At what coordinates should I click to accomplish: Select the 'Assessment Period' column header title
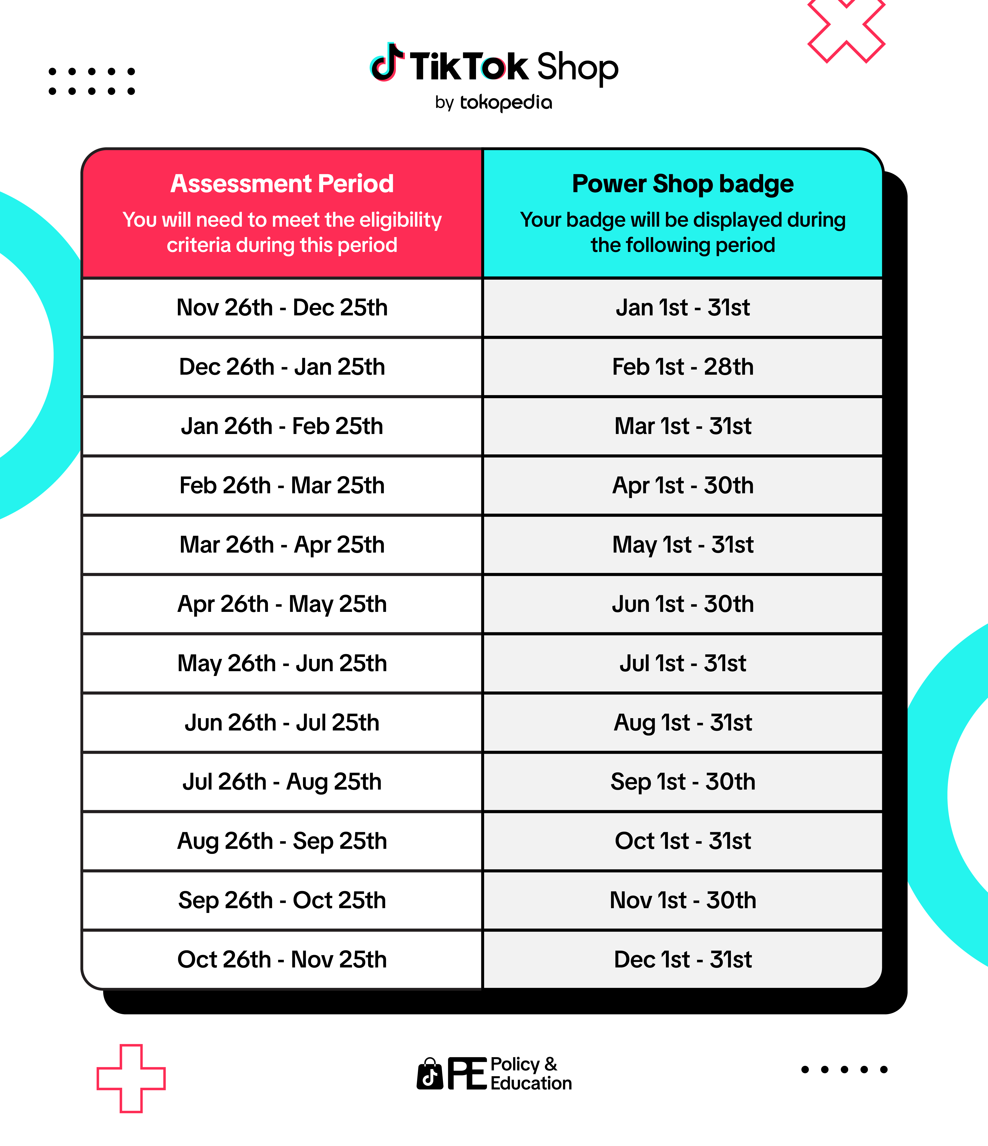click(x=282, y=184)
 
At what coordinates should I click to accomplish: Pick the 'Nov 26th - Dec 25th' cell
click(x=282, y=307)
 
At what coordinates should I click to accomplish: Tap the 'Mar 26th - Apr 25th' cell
click(x=282, y=545)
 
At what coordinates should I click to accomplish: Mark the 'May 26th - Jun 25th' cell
click(x=282, y=663)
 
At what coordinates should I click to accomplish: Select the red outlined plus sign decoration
click(x=131, y=1079)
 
